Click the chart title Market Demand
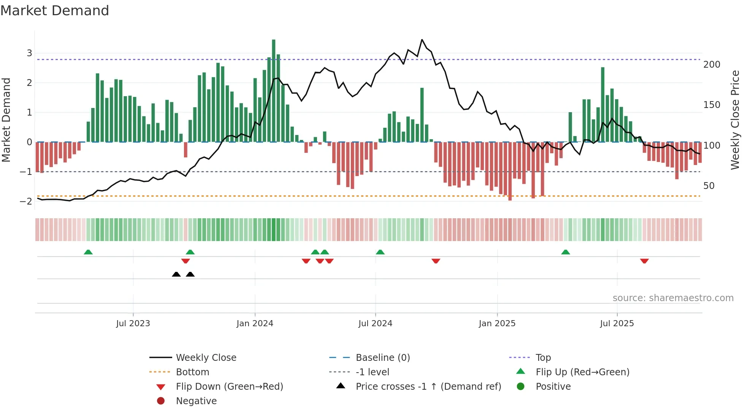(55, 11)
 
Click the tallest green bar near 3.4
(274, 91)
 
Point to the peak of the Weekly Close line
(422, 40)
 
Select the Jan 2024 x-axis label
(255, 323)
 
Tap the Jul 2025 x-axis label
(617, 323)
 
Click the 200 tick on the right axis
(712, 65)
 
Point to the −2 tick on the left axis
(26, 201)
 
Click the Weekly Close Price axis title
(735, 120)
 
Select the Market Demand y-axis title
(6, 120)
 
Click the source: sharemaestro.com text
(673, 298)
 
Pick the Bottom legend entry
(192, 372)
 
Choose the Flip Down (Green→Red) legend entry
(229, 386)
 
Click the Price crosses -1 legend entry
(428, 386)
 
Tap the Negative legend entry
(196, 401)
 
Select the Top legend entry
(543, 357)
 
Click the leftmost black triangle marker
(176, 274)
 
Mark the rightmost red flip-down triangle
(644, 261)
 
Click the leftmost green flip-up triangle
(88, 252)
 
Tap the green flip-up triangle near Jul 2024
(380, 252)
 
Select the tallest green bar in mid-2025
(602, 105)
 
